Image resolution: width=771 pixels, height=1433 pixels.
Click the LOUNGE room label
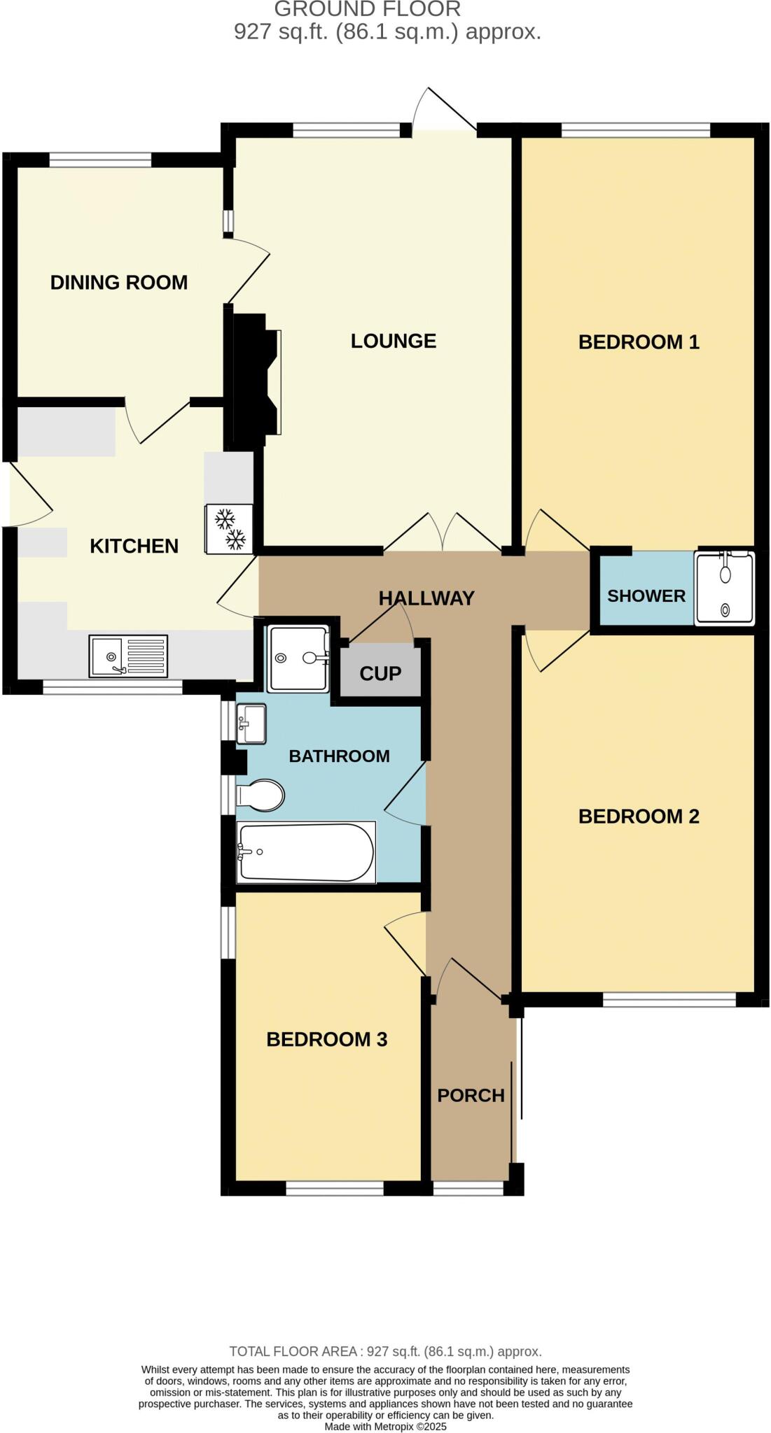coord(393,341)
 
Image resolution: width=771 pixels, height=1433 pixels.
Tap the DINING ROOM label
coord(119,283)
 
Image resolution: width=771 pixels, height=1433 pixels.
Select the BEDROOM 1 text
coord(639,342)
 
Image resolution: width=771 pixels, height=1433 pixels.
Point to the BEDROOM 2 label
coord(639,817)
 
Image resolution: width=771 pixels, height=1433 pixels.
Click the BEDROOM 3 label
coord(326,1040)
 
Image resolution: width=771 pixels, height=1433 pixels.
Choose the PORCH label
coord(471,1096)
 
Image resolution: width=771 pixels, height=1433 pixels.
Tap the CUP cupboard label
coord(380,674)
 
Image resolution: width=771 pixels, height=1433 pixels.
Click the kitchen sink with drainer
coord(128,656)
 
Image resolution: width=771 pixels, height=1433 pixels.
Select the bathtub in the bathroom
coord(306,852)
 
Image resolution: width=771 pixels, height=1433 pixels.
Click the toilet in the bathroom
coord(261,796)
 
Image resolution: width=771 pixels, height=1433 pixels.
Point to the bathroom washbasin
coord(251,723)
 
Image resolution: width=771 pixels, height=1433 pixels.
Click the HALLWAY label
coord(426,598)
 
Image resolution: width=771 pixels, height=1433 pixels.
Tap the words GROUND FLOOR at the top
coord(367,10)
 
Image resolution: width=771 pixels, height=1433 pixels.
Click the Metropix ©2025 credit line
coord(385,1426)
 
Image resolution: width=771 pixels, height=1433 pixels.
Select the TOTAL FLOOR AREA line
coord(385,1352)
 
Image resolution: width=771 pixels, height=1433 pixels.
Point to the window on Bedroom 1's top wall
coord(635,130)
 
